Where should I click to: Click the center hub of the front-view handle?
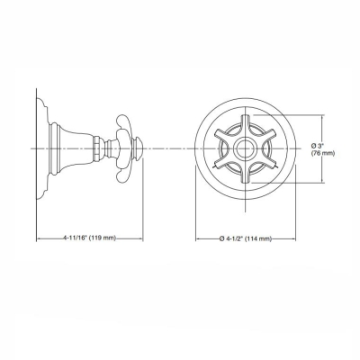coord(241,147)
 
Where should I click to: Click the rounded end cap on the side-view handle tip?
coord(140,147)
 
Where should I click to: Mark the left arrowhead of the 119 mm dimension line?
coord(39,238)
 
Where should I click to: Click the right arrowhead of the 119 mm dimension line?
coord(142,238)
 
